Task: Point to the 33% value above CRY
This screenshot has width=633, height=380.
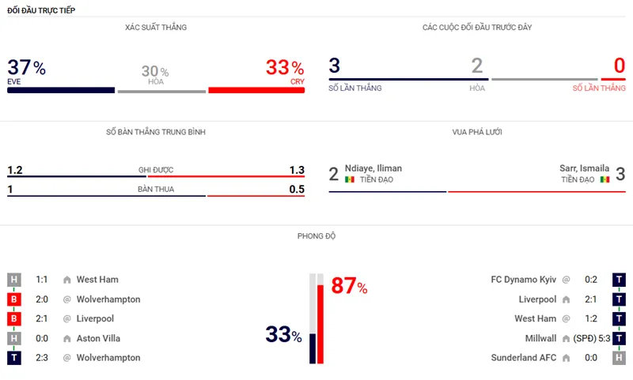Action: [x=284, y=68]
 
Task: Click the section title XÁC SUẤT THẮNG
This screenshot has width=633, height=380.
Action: [x=156, y=28]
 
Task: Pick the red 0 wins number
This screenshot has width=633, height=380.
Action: [x=620, y=66]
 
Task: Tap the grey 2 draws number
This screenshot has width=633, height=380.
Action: [x=476, y=66]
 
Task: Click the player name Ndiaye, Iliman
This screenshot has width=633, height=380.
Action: [x=373, y=168]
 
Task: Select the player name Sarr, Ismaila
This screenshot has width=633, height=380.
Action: [x=584, y=168]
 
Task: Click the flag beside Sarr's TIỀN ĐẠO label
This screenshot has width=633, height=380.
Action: [x=605, y=180]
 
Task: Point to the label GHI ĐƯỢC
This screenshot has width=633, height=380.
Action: [x=156, y=170]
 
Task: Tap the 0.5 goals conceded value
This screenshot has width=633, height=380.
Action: [x=297, y=189]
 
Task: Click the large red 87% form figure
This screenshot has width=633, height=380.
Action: [x=349, y=286]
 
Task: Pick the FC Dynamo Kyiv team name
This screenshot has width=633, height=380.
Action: [x=524, y=279]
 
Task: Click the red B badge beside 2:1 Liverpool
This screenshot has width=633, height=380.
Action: [x=14, y=318]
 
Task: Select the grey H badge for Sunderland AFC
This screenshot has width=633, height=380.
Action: [x=619, y=358]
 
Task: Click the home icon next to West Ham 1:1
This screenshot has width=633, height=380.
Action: [x=67, y=280]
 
